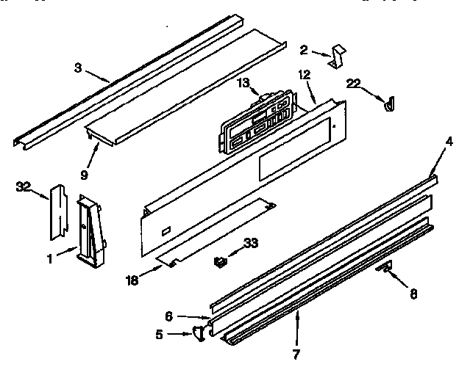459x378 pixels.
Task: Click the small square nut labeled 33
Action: coord(218,261)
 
